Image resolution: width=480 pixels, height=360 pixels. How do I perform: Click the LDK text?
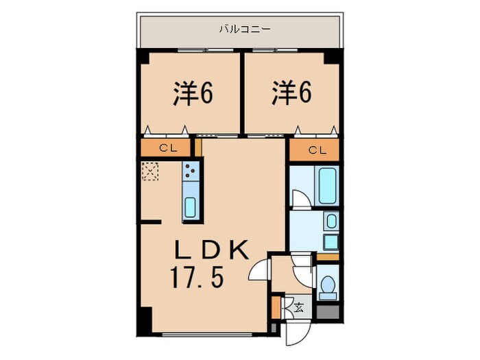tap(210, 250)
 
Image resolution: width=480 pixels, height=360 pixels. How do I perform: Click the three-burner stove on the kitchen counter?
tap(191, 172)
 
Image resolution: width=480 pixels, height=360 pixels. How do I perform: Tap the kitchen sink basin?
tap(191, 206)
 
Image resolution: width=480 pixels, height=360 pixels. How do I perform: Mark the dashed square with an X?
tap(149, 171)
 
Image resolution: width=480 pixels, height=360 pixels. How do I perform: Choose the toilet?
tap(327, 287)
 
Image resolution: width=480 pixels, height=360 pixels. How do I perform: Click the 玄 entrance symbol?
tap(299, 307)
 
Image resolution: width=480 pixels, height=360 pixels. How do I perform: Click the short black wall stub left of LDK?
tap(151, 221)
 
